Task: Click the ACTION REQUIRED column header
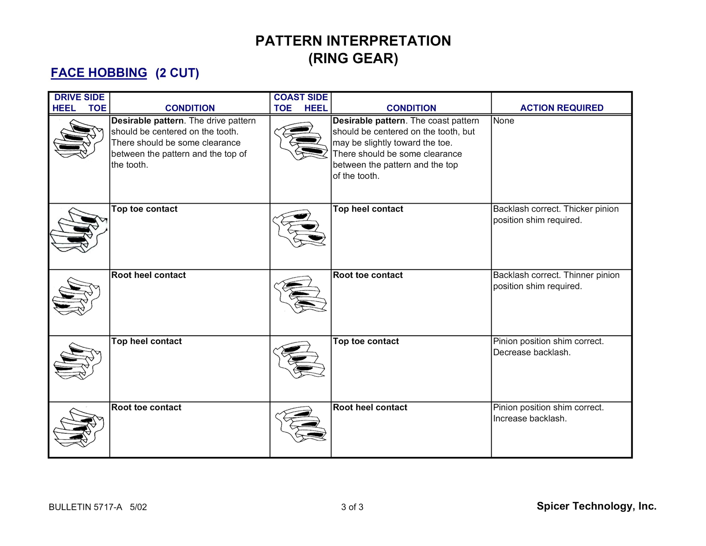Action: pyautogui.click(x=561, y=108)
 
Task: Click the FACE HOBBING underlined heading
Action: pyautogui.click(x=99, y=72)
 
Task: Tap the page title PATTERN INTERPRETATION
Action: pyautogui.click(x=353, y=41)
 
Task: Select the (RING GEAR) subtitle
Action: pyautogui.click(x=353, y=58)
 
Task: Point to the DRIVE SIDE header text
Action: pyautogui.click(x=79, y=97)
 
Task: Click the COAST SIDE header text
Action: pyautogui.click(x=300, y=97)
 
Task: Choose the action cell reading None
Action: pyautogui.click(x=503, y=121)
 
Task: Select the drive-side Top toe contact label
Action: pyautogui.click(x=144, y=209)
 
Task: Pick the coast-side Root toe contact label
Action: pyautogui.click(x=368, y=275)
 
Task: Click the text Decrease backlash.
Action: pyautogui.click(x=532, y=353)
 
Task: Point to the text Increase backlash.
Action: pyautogui.click(x=529, y=419)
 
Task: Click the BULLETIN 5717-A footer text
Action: pyautogui.click(x=86, y=507)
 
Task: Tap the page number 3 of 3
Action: pyautogui.click(x=352, y=507)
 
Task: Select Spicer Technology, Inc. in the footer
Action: pyautogui.click(x=596, y=506)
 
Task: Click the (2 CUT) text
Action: pyautogui.click(x=177, y=73)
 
